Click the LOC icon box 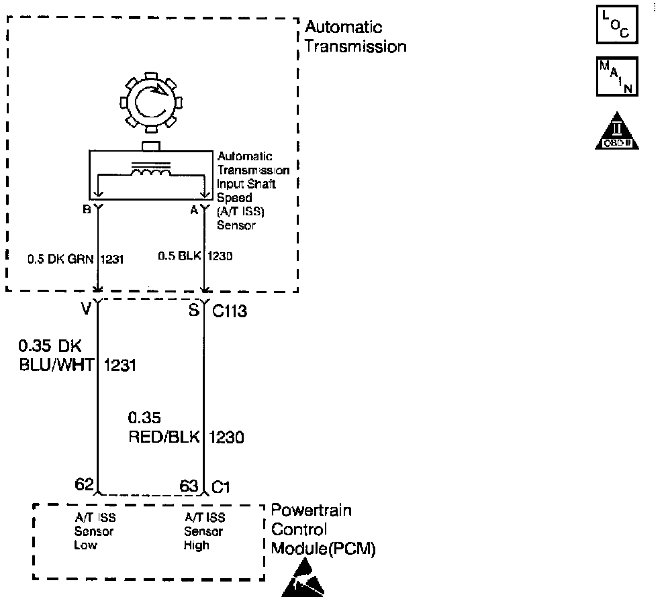(x=617, y=25)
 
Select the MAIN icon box (x=617, y=76)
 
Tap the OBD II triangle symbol (x=617, y=131)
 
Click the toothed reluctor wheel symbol (x=151, y=102)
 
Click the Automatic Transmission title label (x=356, y=36)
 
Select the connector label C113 (x=230, y=311)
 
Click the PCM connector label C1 (x=221, y=487)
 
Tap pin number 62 (x=84, y=484)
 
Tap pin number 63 (x=189, y=486)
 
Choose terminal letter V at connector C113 (x=86, y=309)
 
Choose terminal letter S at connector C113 (x=194, y=311)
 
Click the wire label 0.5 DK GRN (x=60, y=259)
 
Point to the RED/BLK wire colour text (x=164, y=437)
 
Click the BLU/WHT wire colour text (x=56, y=365)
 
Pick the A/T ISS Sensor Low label (x=95, y=531)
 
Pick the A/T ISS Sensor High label (x=204, y=531)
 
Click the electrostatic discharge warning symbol (x=303, y=578)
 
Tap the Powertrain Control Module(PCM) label (x=323, y=529)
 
